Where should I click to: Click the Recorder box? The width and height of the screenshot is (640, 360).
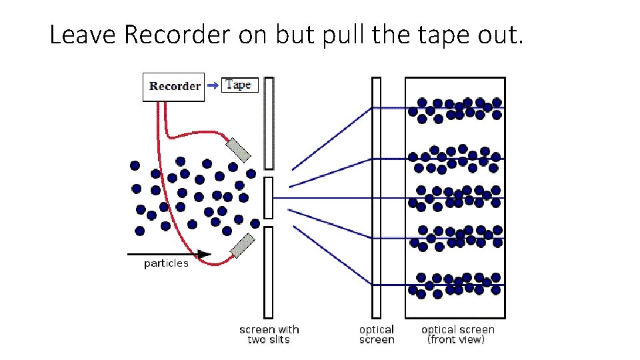173,87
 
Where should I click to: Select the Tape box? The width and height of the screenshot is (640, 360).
239,85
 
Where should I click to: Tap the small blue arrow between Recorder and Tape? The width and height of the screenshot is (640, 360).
213,85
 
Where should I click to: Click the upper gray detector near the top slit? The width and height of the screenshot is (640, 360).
238,150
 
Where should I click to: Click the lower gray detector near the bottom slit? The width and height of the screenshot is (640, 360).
241,245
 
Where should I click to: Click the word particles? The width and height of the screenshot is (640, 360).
166,263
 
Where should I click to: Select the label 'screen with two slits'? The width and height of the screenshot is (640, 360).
269,334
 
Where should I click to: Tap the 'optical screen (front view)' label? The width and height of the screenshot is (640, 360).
457,334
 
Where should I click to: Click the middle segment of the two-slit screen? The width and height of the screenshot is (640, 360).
269,198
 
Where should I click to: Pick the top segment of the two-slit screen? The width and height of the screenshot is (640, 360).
269,123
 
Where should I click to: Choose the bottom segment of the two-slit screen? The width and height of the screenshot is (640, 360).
269,272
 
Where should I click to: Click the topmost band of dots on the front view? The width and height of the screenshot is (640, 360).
456,109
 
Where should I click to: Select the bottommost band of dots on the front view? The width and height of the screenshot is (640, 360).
456,283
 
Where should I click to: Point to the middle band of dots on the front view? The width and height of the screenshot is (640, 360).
456,197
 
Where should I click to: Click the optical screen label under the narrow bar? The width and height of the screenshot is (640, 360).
377,334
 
